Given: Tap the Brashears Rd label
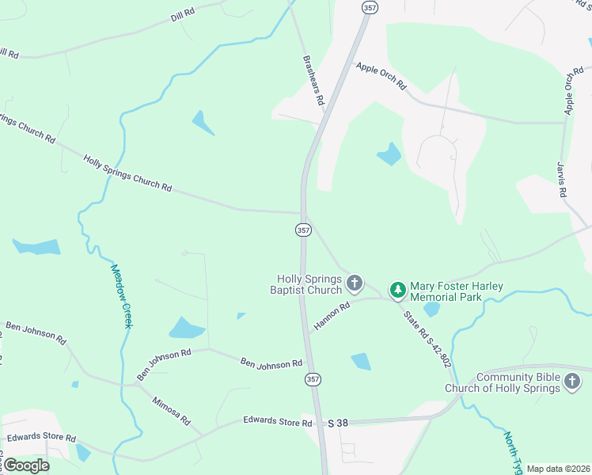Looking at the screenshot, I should click(x=314, y=80).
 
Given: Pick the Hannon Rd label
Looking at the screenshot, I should click(x=331, y=317).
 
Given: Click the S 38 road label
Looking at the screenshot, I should click(x=339, y=424).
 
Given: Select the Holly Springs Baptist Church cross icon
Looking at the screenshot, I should click(x=355, y=283).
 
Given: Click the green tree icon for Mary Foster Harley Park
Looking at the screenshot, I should click(x=397, y=291).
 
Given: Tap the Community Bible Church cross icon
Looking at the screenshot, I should click(x=572, y=383).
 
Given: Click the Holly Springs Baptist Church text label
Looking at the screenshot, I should click(x=309, y=284).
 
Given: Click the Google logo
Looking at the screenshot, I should click(x=27, y=465).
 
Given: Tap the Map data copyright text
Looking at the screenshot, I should click(x=557, y=469).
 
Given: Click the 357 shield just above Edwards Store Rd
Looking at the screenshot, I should click(x=313, y=379).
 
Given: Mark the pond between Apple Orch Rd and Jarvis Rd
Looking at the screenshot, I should click(x=389, y=154).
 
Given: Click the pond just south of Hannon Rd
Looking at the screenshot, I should click(x=360, y=361).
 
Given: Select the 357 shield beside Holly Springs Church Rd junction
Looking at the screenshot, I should click(x=302, y=230).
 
